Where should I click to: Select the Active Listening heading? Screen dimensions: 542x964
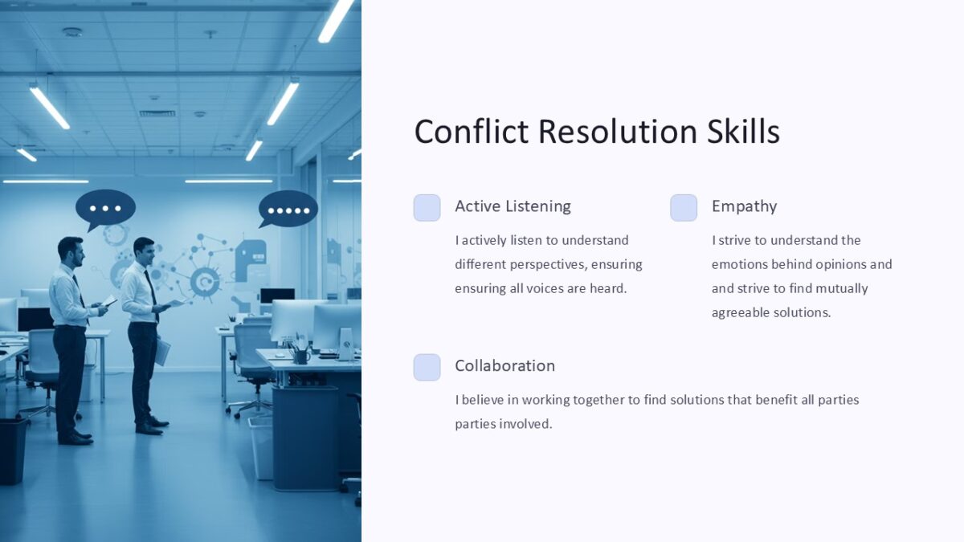coord(513,206)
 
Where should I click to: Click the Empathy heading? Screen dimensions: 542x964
coord(744,206)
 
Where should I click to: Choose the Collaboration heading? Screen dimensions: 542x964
coord(504,365)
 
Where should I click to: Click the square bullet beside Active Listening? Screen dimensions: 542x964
coord(427,207)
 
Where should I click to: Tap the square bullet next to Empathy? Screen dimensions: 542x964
coord(684,207)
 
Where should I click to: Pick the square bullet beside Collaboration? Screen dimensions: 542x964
coord(427,367)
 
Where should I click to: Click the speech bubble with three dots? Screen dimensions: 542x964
coord(105,208)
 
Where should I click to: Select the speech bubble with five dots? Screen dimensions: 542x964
coord(288,210)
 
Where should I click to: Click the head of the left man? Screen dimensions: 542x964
coord(70,251)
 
